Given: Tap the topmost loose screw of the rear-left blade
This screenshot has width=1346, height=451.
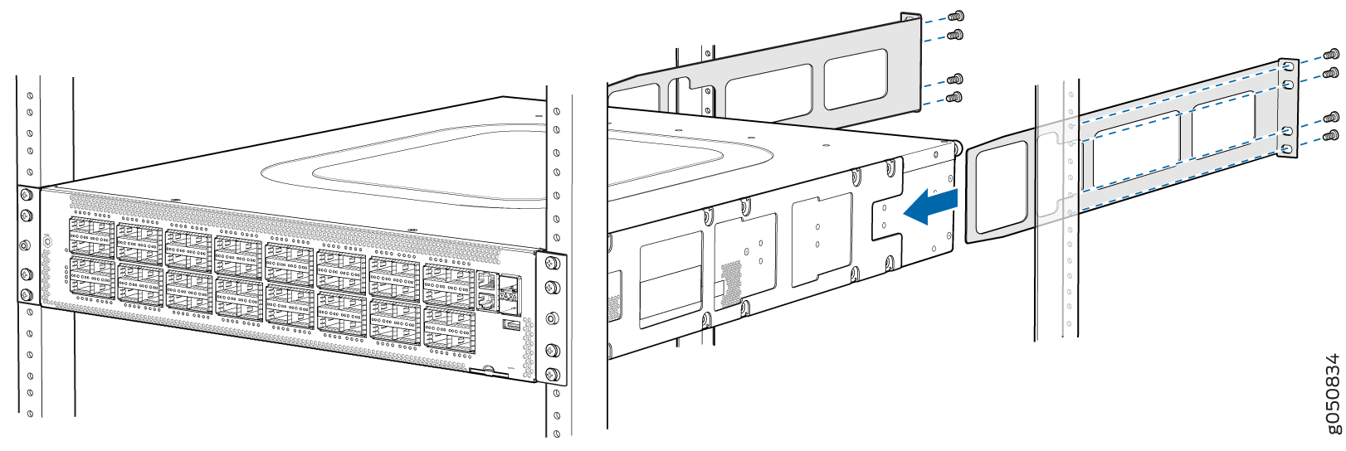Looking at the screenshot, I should click(956, 16).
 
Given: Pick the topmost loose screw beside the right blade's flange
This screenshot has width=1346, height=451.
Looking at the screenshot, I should click(1333, 56).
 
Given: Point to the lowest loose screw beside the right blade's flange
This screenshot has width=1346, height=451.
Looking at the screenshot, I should click(1331, 135).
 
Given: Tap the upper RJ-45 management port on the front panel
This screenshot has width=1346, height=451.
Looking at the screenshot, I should click(486, 282).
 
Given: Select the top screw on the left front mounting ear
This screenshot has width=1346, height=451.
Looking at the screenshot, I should click(26, 196).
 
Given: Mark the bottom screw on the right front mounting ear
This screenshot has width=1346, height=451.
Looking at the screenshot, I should click(552, 372).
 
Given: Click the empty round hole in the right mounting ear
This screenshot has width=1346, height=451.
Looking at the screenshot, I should click(551, 318).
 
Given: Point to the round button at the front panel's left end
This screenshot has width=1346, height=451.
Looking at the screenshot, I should click(46, 241).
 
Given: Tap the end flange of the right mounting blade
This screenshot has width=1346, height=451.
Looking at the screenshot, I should click(1287, 108).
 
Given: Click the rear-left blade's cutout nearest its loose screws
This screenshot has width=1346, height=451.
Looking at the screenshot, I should click(856, 78).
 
